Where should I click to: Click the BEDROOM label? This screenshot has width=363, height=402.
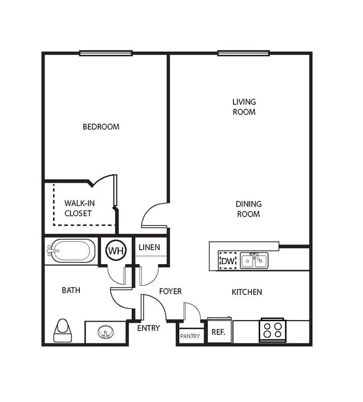[101, 127]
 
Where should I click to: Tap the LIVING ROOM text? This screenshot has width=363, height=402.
[244, 107]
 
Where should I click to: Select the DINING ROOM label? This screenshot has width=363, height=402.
[248, 209]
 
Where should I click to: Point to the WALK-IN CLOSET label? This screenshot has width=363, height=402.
[78, 208]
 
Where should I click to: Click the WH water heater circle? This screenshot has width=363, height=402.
[116, 251]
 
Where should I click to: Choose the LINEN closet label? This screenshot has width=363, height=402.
[149, 247]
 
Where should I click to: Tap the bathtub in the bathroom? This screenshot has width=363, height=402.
[71, 251]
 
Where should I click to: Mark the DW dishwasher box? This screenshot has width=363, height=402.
[227, 261]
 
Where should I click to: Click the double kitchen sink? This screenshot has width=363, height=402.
[254, 261]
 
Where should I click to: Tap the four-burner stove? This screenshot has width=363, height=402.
[272, 330]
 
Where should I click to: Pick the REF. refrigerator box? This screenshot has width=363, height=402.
[218, 332]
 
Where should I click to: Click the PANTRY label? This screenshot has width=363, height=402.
[190, 336]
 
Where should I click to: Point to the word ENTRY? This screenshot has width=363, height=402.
[149, 328]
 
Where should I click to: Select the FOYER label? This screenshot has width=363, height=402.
[170, 291]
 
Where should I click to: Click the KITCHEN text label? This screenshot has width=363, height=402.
[247, 292]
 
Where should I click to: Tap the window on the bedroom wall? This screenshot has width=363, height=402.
[106, 54]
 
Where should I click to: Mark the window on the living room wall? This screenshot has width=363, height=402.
[243, 54]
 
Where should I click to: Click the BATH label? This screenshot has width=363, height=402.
[71, 290]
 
